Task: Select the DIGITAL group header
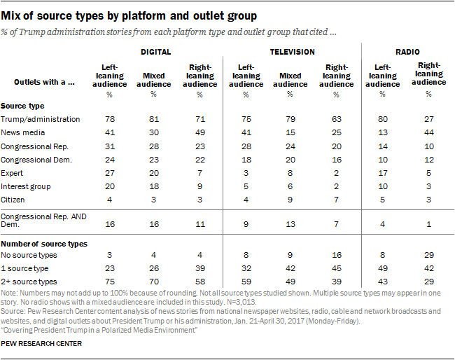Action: coord(157,51)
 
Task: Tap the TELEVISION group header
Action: coord(292,51)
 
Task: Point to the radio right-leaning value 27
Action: coord(429,120)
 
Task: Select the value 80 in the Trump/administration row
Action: coord(382,120)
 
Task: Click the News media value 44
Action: coord(429,133)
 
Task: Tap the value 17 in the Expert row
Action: coord(382,173)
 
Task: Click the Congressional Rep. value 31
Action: coord(110,146)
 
